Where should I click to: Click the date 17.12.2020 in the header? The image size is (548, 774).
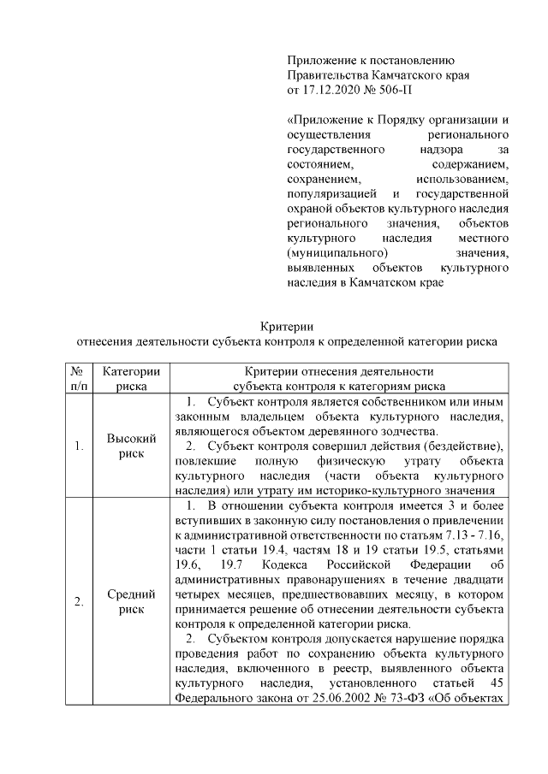click(x=334, y=89)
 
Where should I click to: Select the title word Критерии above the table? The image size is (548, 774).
click(x=288, y=325)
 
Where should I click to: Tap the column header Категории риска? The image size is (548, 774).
click(x=131, y=379)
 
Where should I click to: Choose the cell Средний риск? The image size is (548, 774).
click(x=131, y=601)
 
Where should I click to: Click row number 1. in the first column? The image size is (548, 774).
click(x=78, y=446)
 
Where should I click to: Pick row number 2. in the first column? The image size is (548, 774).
click(x=78, y=601)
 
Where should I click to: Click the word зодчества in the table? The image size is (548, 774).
click(x=404, y=431)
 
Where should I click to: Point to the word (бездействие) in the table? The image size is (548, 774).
click(x=465, y=446)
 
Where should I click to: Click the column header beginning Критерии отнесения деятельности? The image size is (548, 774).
click(x=339, y=371)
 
